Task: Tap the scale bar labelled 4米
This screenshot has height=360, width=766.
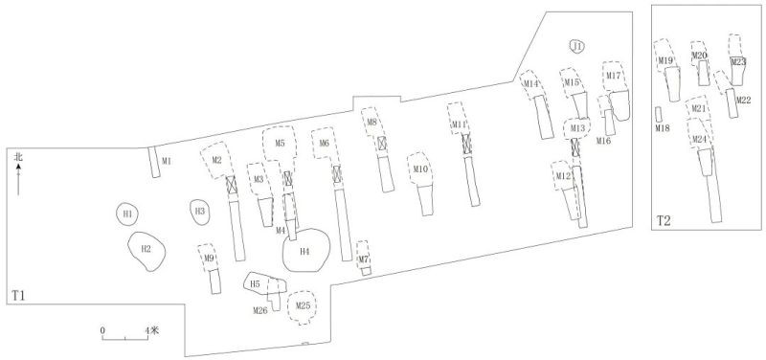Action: [124, 337]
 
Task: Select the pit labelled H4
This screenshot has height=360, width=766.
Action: [306, 251]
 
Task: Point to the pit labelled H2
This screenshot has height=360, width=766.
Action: [146, 249]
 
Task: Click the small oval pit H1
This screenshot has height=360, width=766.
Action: [127, 214]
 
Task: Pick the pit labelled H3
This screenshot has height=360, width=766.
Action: [200, 212]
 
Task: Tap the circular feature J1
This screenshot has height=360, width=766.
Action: [576, 46]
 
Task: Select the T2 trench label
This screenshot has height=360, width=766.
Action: [665, 221]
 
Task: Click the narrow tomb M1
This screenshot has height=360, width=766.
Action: [155, 162]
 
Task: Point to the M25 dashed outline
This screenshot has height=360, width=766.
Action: [304, 306]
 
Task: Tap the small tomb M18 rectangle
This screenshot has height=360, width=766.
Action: [659, 114]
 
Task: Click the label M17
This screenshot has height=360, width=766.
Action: [614, 76]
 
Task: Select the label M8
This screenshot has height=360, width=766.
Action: [372, 123]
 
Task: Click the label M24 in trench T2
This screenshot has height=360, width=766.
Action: [701, 140]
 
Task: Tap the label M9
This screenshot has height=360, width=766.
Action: [208, 258]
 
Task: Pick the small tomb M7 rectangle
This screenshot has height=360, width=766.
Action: [366, 271]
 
